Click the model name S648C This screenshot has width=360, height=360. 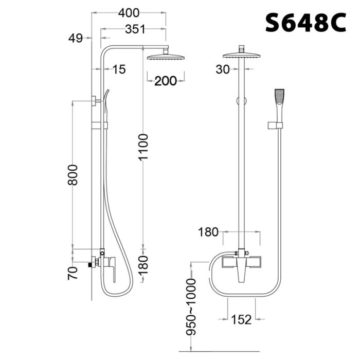[x=305, y=23]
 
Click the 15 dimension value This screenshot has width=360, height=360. [x=119, y=69]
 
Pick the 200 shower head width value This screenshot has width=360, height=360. [x=166, y=81]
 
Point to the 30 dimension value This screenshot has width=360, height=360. [x=223, y=69]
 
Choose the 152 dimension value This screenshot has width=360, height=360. [x=241, y=320]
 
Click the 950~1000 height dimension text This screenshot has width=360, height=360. [x=192, y=307]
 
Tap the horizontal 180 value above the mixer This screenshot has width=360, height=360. [x=209, y=232]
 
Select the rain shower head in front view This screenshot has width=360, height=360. [x=241, y=56]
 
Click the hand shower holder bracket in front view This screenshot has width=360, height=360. [x=276, y=124]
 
